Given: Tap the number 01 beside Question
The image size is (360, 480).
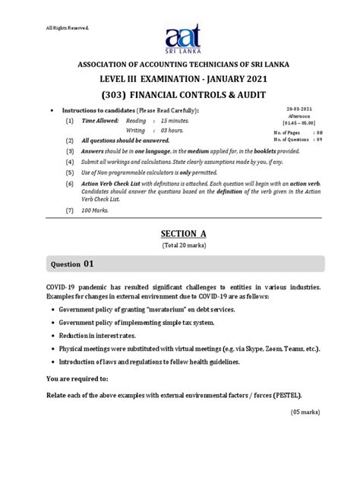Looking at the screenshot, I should (90, 264).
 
